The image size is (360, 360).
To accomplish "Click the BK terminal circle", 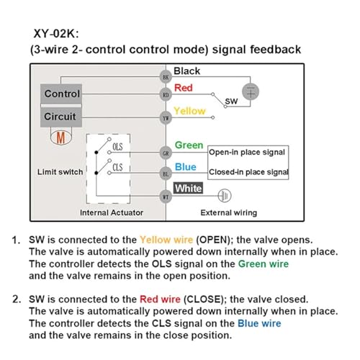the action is point(166,77).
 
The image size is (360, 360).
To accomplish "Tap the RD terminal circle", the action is point(166,95).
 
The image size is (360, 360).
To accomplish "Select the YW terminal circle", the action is point(166,118).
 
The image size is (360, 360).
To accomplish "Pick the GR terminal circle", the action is point(166,153).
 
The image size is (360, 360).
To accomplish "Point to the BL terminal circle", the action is point(166,174).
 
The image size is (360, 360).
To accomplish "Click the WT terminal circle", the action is point(166,197).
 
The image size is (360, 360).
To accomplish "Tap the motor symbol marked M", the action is point(61,138).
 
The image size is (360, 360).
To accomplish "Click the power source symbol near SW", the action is point(251,92).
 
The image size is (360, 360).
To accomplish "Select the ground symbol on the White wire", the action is point(225,196).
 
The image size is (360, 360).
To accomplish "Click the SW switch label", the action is point(231,102).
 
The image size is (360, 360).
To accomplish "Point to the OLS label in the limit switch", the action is point(117,147).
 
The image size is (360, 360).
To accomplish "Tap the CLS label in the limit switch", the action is point(117,167).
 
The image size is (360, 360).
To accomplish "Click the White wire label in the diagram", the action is point(188,189).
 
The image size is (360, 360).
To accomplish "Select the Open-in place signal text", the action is point(247,152).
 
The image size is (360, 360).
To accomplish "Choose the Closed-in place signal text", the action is point(248,172).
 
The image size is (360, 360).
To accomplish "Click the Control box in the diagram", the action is point(61,94).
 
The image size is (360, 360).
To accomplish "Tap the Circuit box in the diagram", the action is point(61,117).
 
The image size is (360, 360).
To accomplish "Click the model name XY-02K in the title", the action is point(54,33).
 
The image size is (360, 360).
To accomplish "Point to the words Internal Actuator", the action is point(112,212).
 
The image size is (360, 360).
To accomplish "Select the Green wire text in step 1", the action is point(264,264).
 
